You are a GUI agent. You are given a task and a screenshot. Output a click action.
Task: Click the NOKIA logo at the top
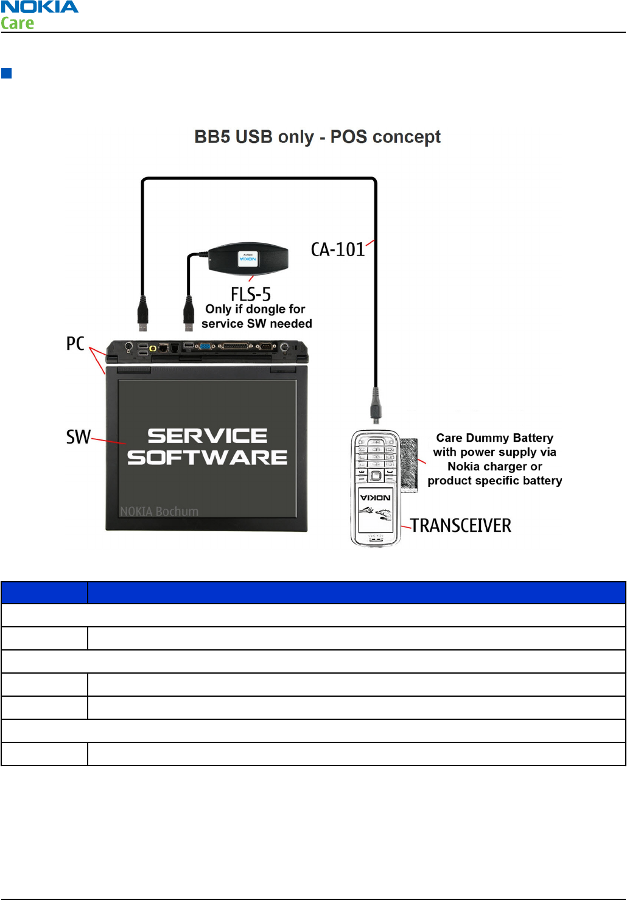pos(40,7)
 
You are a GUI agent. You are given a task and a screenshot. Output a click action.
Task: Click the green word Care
pos(18,24)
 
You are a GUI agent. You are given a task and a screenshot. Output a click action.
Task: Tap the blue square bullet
pos(7,74)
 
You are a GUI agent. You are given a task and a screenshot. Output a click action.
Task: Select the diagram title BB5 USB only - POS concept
pos(317,137)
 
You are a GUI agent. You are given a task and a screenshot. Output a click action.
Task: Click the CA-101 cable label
pos(338,249)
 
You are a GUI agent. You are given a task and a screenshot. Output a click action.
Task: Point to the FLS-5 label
pos(251,295)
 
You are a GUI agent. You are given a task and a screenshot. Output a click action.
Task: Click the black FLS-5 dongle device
pos(248,259)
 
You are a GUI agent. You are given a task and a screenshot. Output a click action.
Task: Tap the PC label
pos(75,344)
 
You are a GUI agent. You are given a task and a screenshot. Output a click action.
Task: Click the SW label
pos(78,437)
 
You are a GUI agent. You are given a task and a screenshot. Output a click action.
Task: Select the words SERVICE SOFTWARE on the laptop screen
pos(208,447)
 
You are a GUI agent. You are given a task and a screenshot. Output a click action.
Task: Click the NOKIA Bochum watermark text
pos(159,512)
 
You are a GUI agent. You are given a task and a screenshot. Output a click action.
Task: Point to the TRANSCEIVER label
pos(461,526)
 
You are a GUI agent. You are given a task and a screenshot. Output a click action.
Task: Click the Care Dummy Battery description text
pos(494,459)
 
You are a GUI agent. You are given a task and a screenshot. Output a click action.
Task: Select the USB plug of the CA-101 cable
pos(142,313)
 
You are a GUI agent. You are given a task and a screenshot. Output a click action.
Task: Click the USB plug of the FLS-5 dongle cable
pos(189,315)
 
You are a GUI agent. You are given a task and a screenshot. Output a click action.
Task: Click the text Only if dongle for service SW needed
pos(256,316)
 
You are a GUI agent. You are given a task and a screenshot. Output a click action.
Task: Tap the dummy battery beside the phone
pos(409,465)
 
